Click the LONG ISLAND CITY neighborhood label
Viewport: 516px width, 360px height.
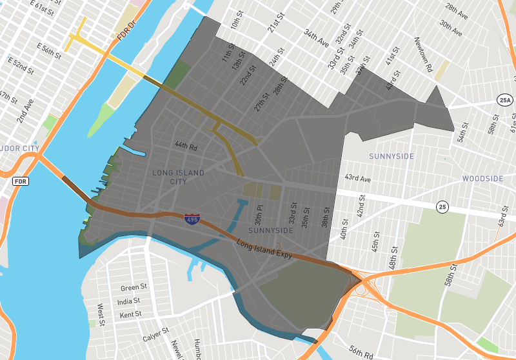tap(178, 177)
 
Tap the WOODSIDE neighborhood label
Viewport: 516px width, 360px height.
tap(482, 179)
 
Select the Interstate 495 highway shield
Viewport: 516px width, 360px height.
tap(192, 220)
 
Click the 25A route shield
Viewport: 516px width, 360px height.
tap(505, 100)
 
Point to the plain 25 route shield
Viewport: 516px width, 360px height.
tap(442, 207)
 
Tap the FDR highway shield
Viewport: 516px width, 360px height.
tap(20, 181)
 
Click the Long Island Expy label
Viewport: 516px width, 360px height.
tap(264, 250)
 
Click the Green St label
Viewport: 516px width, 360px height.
tap(134, 287)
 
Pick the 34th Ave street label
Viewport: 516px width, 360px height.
tap(317, 39)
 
